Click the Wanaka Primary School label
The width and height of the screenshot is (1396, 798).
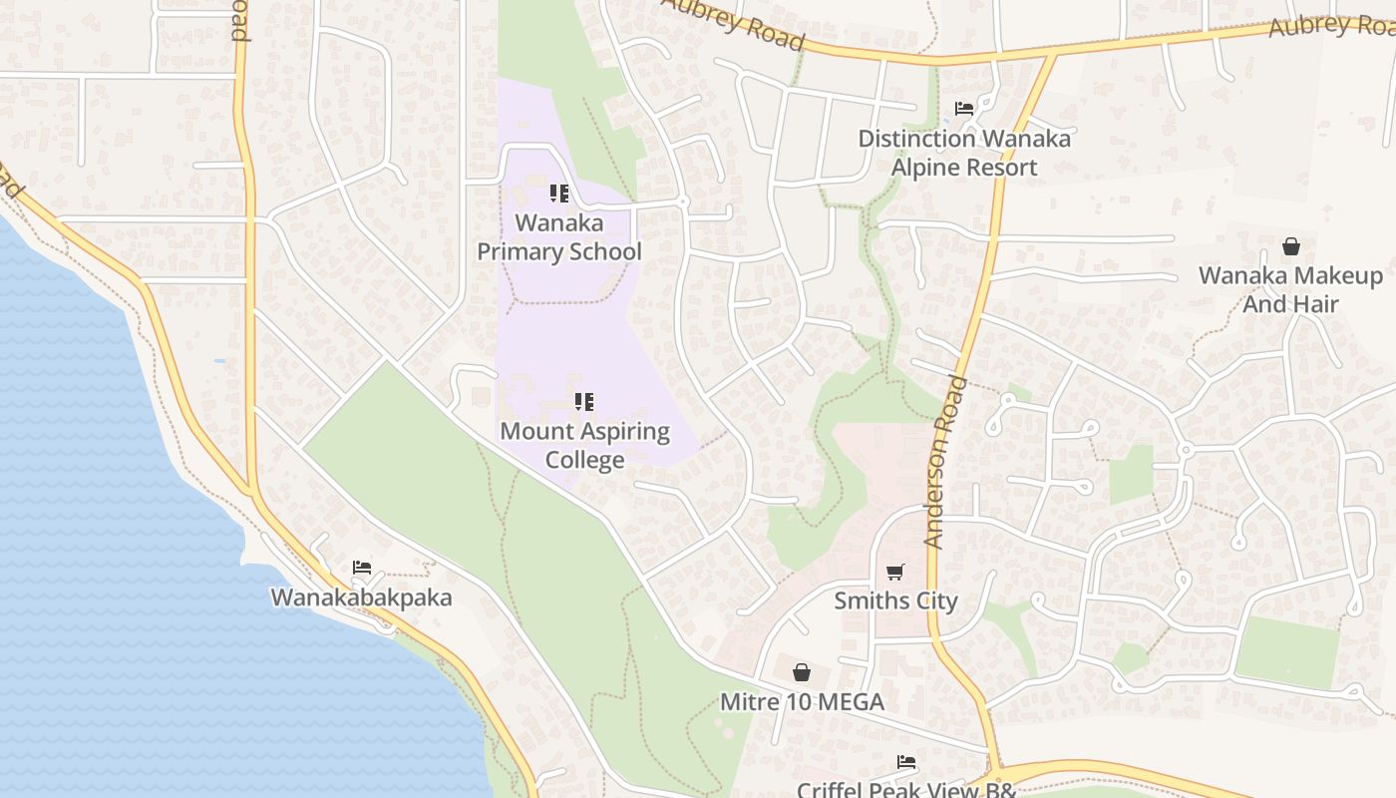558,237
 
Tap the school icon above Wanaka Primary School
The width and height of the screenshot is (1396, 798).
559,193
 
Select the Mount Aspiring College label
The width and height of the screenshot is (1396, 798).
584,446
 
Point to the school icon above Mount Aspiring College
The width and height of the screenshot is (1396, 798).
584,402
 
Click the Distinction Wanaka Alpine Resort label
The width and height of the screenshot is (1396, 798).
964,153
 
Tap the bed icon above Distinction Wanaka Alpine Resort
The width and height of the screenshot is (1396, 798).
964,108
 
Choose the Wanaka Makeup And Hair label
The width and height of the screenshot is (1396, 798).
1290,289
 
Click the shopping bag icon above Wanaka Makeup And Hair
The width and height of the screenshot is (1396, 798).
1291,245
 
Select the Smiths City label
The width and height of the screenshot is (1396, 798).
895,601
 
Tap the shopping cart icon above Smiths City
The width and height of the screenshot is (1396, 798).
895,572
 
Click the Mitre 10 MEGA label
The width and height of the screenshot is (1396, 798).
802,702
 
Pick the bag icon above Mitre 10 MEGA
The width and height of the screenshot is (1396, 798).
802,672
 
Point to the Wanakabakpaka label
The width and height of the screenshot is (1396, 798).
361,598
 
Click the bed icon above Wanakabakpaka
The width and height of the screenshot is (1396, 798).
362,568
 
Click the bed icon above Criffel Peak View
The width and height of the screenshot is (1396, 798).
905,762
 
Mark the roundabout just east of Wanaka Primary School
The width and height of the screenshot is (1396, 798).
683,202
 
